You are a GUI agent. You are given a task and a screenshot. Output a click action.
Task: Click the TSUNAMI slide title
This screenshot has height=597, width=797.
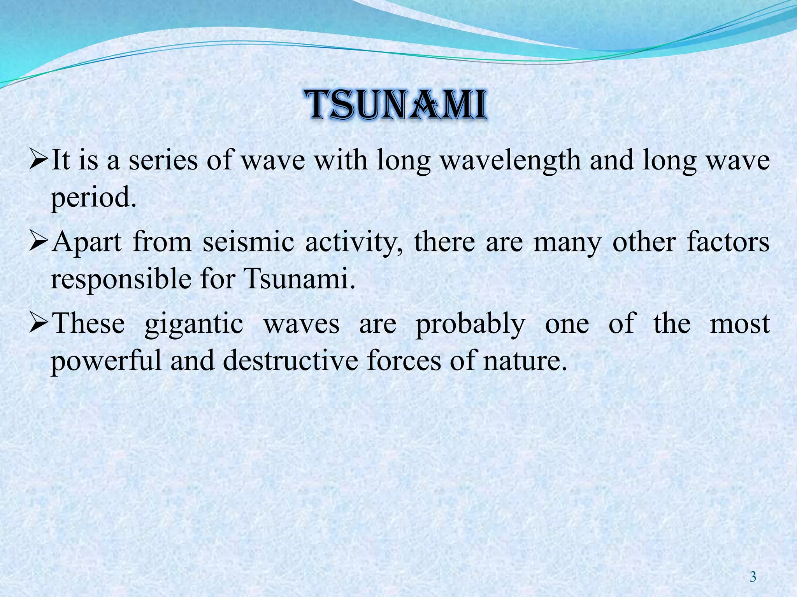point(398,105)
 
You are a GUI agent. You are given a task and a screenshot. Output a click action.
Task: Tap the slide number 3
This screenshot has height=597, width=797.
point(753,577)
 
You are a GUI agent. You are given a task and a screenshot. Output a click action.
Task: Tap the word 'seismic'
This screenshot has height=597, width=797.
point(248,242)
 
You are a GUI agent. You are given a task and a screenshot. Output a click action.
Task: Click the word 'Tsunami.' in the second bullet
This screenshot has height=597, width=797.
point(300,279)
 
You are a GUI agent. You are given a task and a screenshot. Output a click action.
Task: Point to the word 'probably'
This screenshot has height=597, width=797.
point(470,324)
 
